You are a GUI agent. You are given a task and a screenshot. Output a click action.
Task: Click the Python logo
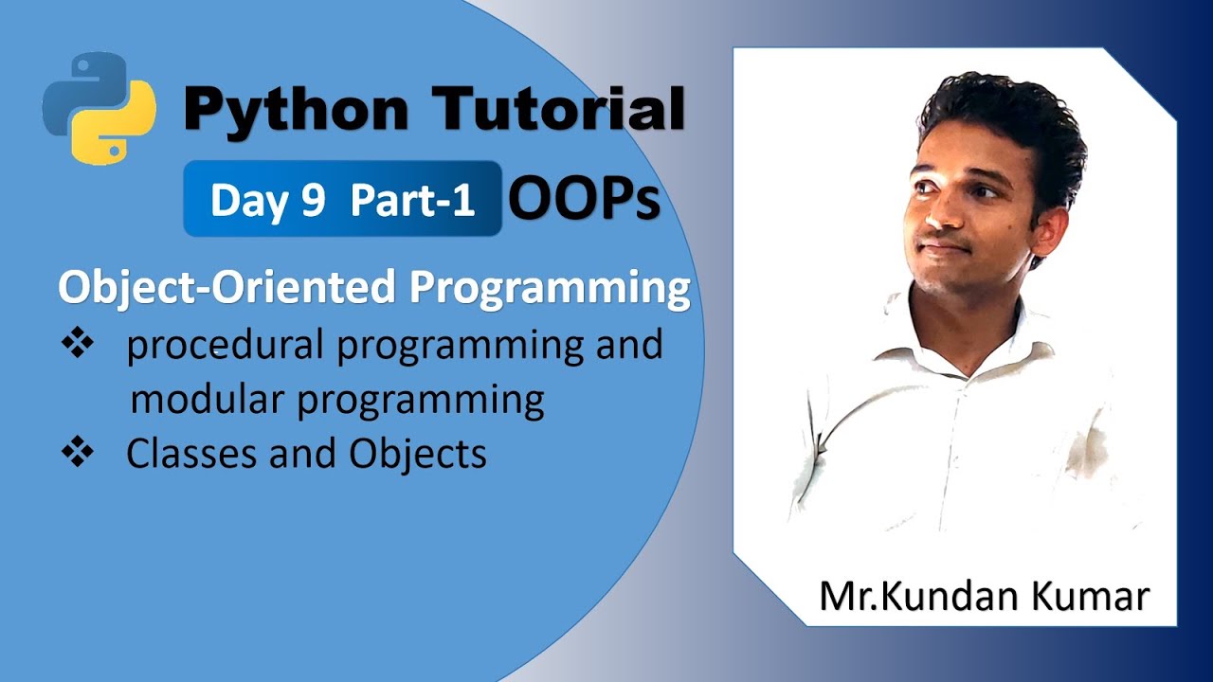click(x=100, y=109)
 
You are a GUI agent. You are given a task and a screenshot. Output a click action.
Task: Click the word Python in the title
click(x=297, y=109)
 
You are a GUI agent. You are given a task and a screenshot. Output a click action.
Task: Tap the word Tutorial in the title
click(x=559, y=109)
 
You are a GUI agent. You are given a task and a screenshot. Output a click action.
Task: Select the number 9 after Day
click(x=314, y=201)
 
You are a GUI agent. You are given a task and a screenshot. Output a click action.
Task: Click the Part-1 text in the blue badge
click(x=413, y=201)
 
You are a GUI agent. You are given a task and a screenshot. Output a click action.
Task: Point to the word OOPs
click(x=584, y=199)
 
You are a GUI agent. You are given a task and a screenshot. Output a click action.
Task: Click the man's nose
click(x=938, y=213)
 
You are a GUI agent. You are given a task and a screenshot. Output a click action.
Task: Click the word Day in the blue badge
click(x=249, y=201)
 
